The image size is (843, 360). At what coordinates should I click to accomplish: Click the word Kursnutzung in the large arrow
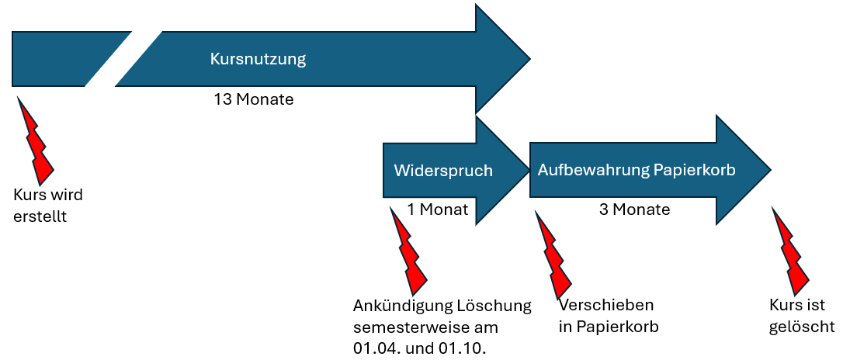pyautogui.click(x=258, y=59)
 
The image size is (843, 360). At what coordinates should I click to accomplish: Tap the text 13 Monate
pyautogui.click(x=254, y=99)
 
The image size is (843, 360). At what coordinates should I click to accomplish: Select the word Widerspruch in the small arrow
pyautogui.click(x=443, y=171)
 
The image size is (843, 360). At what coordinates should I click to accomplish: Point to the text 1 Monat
pyautogui.click(x=438, y=209)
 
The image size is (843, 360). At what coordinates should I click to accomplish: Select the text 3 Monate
pyautogui.click(x=634, y=209)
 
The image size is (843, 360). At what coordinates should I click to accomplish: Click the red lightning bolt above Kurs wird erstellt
pyautogui.click(x=36, y=140)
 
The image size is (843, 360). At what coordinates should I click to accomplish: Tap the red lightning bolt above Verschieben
pyautogui.click(x=555, y=255)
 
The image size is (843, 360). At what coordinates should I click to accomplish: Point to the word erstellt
pyautogui.click(x=40, y=216)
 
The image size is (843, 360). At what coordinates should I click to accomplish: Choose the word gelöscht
pyautogui.click(x=802, y=327)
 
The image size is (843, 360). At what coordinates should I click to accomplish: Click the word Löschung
pyautogui.click(x=493, y=306)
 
